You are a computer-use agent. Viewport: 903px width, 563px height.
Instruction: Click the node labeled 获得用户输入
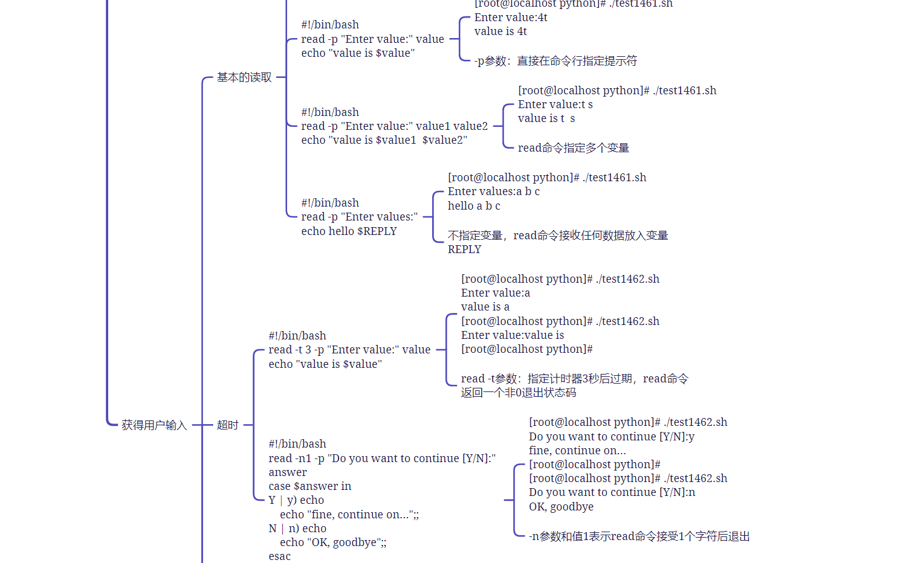pos(154,425)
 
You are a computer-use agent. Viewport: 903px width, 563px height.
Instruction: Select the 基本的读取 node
pos(244,77)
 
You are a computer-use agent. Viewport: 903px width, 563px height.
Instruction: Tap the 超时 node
pos(228,425)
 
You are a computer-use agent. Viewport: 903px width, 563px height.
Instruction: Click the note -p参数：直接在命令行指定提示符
pos(555,61)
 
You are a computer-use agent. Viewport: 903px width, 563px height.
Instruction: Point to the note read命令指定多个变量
pos(574,148)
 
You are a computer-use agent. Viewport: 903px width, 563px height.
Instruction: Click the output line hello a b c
pos(474,206)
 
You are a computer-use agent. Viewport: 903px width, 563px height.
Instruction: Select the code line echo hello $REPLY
pos(349,231)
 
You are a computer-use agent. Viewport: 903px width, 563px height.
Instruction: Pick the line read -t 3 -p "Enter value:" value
pos(349,350)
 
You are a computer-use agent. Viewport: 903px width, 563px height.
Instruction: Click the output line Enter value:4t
pos(511,18)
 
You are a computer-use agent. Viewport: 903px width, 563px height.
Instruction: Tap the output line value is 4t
pos(500,31)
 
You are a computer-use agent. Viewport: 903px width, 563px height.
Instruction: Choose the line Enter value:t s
pos(555,105)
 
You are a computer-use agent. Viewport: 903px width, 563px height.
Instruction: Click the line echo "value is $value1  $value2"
pos(384,140)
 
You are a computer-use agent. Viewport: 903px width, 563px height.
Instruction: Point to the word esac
pos(279,556)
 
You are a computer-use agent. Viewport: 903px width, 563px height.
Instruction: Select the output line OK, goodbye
pos(561,507)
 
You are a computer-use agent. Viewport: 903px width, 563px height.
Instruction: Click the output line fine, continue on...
pos(577,451)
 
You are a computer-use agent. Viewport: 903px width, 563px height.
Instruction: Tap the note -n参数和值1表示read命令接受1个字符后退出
pos(639,536)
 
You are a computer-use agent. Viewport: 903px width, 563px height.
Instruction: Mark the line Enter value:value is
pos(512,335)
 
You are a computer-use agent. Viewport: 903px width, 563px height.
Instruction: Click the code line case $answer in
pos(309,486)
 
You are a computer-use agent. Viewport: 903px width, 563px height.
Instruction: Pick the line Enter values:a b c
pos(493,191)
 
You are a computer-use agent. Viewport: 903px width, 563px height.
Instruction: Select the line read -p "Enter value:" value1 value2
pos(394,126)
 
